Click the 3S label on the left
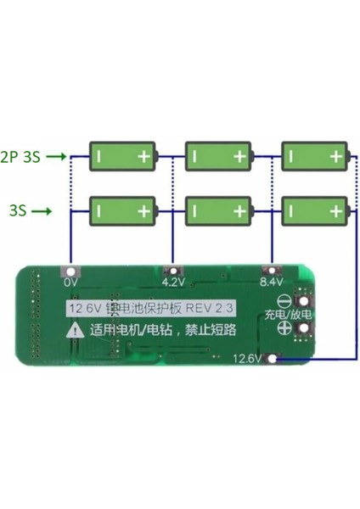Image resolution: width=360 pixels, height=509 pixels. point(16,209)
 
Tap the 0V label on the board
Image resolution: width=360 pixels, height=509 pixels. point(71,282)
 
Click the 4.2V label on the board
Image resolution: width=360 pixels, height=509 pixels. point(172,282)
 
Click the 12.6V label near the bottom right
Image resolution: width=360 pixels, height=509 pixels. point(247,358)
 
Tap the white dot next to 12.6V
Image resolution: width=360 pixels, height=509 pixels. point(272,358)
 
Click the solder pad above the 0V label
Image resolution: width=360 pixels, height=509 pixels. point(71,271)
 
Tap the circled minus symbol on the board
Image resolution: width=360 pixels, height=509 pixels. point(298,299)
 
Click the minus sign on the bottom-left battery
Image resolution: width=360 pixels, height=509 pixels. point(101,209)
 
